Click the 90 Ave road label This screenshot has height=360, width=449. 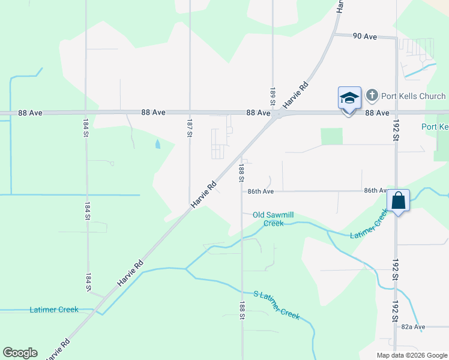click(x=364, y=37)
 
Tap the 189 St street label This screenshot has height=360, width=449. click(x=272, y=97)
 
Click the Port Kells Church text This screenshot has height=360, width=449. click(x=414, y=96)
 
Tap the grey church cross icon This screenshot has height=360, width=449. click(x=372, y=95)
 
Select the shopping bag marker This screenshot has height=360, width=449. click(x=399, y=200)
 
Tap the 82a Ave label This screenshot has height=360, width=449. click(x=413, y=327)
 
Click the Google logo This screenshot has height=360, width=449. click(x=20, y=353)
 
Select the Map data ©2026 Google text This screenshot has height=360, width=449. click(x=411, y=355)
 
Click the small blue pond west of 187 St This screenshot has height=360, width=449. click(x=158, y=144)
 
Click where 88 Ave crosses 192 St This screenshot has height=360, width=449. click(x=396, y=113)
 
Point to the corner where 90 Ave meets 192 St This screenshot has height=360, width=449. click(x=396, y=38)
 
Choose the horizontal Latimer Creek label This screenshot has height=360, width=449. click(x=54, y=310)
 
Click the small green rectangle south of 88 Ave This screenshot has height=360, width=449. click(x=331, y=136)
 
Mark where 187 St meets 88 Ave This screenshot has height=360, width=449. click(x=190, y=112)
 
